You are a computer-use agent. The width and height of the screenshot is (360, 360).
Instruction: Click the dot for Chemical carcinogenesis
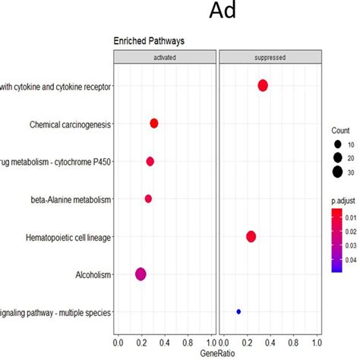[154, 123]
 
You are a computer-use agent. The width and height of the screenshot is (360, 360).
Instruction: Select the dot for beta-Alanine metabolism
[148, 198]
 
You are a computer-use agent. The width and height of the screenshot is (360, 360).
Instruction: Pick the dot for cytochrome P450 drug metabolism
[150, 161]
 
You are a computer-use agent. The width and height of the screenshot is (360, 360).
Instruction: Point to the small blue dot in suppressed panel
[238, 311]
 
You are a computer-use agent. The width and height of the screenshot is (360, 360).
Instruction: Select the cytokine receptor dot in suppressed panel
[263, 86]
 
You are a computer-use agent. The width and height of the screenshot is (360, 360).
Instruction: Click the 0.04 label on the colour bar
[350, 259]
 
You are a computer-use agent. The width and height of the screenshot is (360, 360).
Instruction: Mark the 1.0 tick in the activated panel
[212, 343]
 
